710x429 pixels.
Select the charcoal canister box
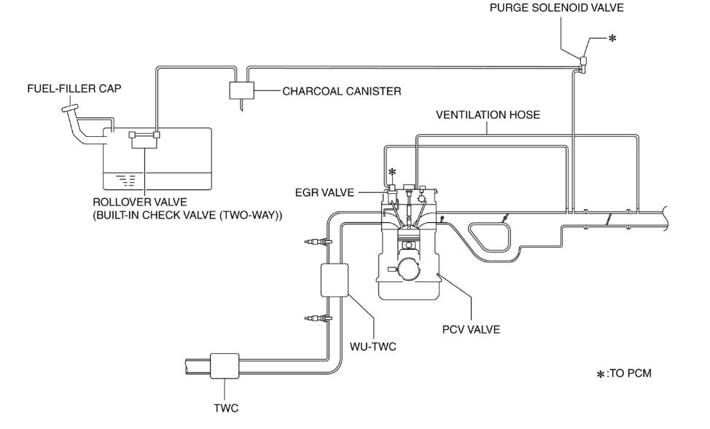[x=241, y=91]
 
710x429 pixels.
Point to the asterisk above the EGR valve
[x=393, y=173]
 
